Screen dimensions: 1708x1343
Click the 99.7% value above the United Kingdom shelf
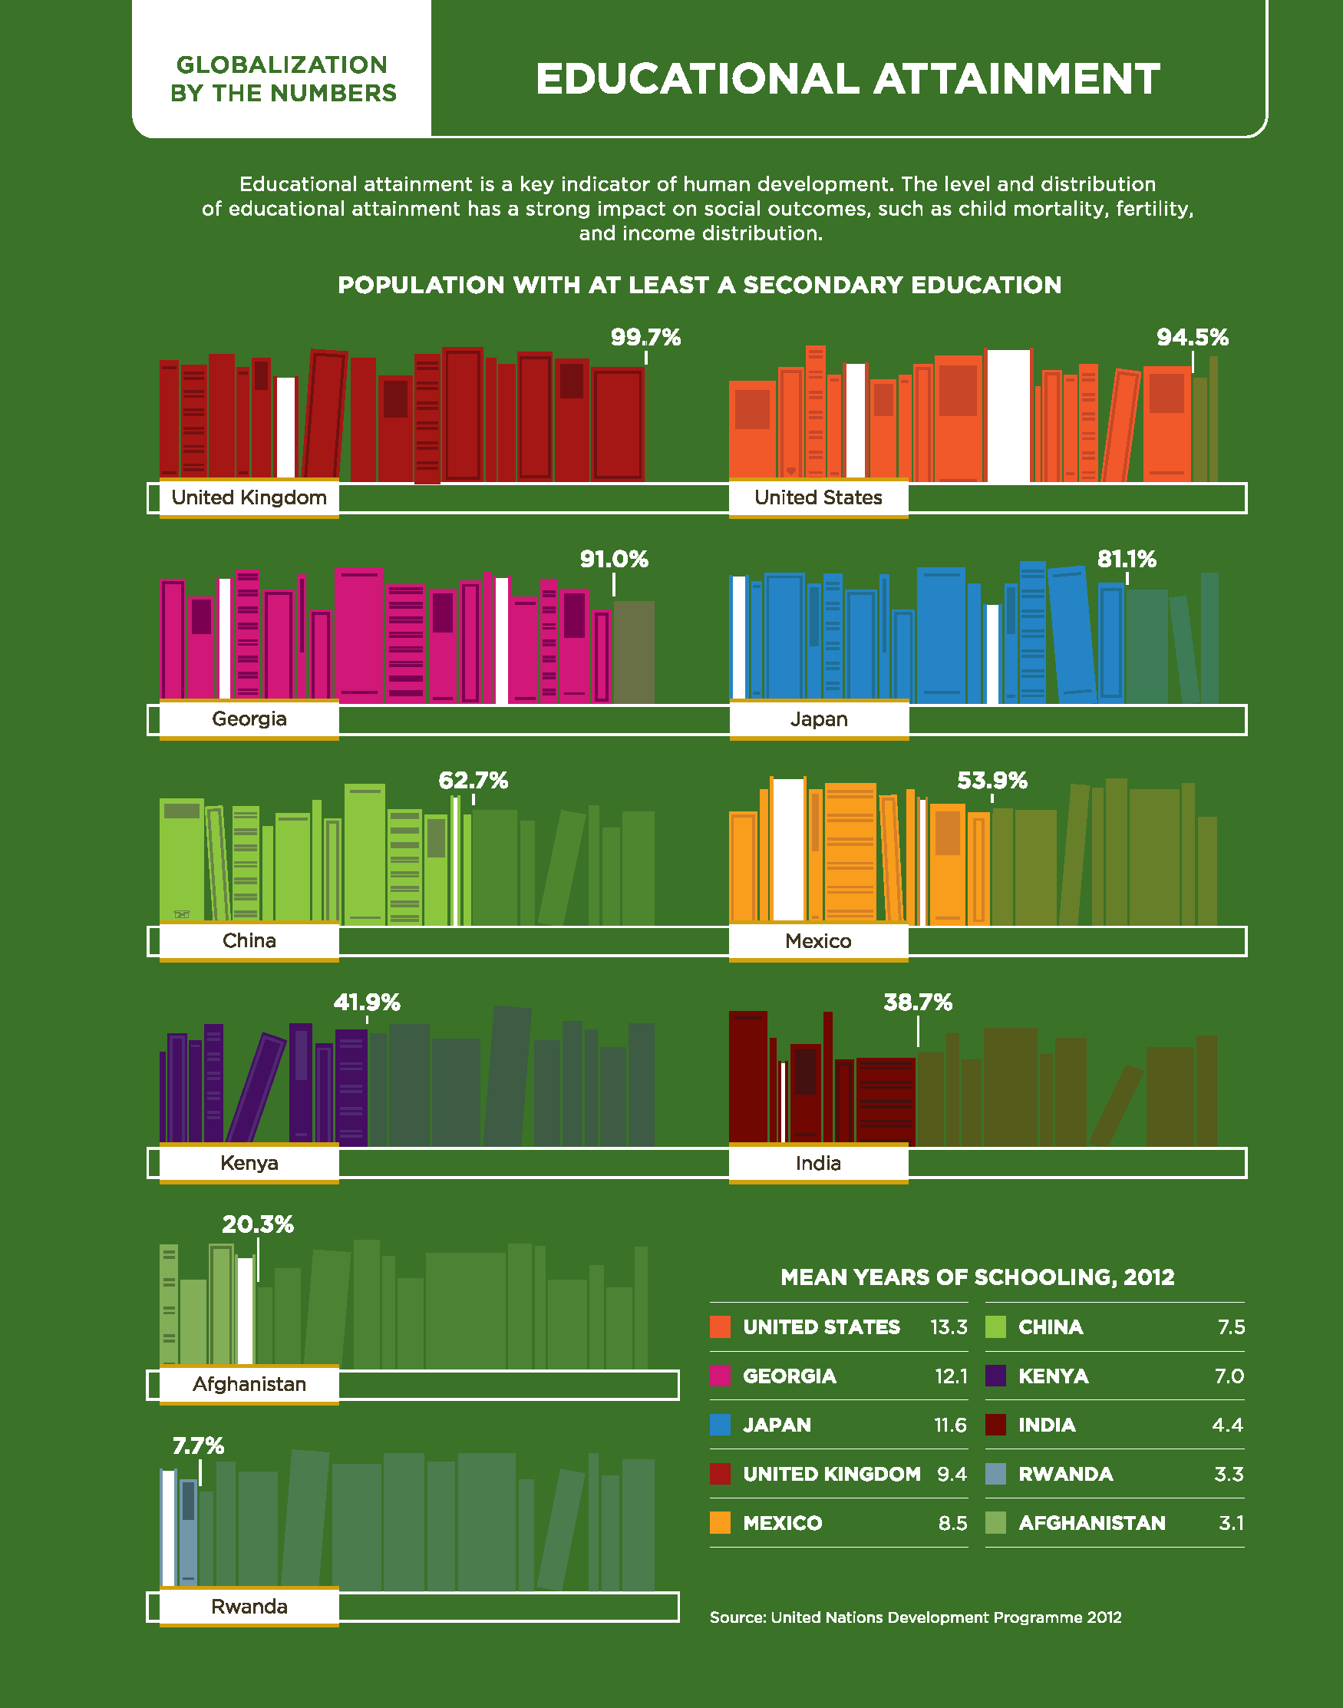pyautogui.click(x=645, y=337)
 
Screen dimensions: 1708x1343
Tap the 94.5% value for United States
pyautogui.click(x=1192, y=337)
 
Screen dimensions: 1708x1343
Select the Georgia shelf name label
pyautogui.click(x=249, y=719)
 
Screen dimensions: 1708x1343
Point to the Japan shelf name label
pyautogui.click(x=819, y=719)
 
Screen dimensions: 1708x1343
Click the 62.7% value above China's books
pyautogui.click(x=473, y=780)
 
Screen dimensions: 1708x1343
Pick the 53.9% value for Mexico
pyautogui.click(x=992, y=780)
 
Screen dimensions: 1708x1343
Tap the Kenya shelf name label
pyautogui.click(x=249, y=1162)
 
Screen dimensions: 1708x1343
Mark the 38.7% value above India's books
pyautogui.click(x=918, y=1002)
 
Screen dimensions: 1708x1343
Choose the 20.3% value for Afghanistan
pyautogui.click(x=258, y=1224)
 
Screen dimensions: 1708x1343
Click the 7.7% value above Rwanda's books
pyautogui.click(x=198, y=1445)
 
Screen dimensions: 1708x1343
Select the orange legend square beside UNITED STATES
pyautogui.click(x=721, y=1326)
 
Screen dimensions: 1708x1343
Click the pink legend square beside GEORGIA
pyautogui.click(x=721, y=1376)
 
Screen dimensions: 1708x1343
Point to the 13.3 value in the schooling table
pyautogui.click(x=949, y=1326)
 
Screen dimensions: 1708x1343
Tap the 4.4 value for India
pyautogui.click(x=1227, y=1424)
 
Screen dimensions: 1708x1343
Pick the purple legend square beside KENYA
pyautogui.click(x=995, y=1376)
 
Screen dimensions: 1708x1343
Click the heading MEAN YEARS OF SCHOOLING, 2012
pyautogui.click(x=978, y=1277)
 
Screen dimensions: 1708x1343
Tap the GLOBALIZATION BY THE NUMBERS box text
pyautogui.click(x=283, y=78)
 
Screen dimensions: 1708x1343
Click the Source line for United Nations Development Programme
pyautogui.click(x=916, y=1617)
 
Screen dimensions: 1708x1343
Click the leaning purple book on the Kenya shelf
pyautogui.click(x=256, y=1087)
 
